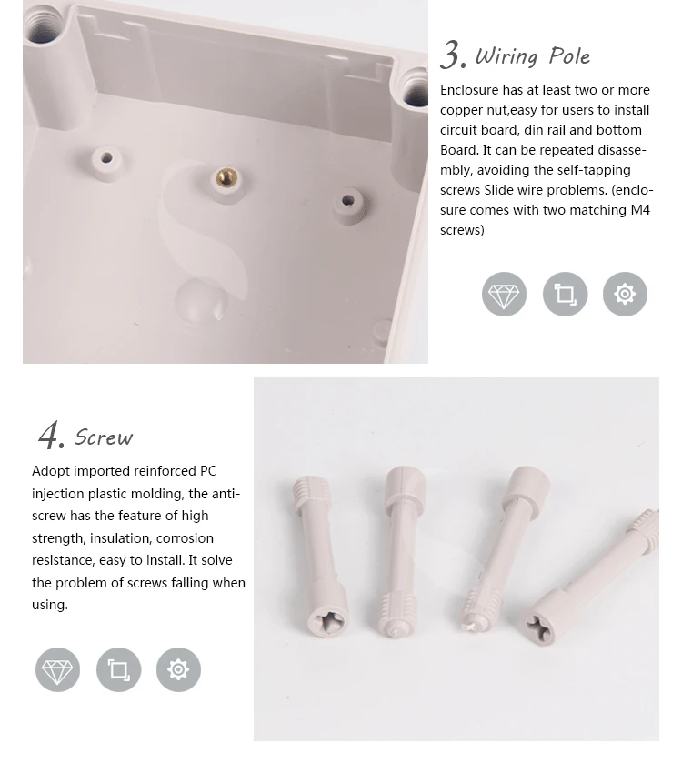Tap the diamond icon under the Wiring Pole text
[504, 295]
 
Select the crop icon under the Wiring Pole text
[565, 295]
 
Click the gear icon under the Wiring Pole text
[625, 295]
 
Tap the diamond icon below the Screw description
[57, 670]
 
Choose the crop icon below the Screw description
[118, 670]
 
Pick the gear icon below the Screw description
[178, 670]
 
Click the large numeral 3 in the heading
[452, 55]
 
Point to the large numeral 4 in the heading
[51, 436]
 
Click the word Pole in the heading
[569, 56]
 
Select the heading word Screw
[104, 437]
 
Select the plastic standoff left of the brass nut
[106, 158]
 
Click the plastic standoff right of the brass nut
[347, 201]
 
